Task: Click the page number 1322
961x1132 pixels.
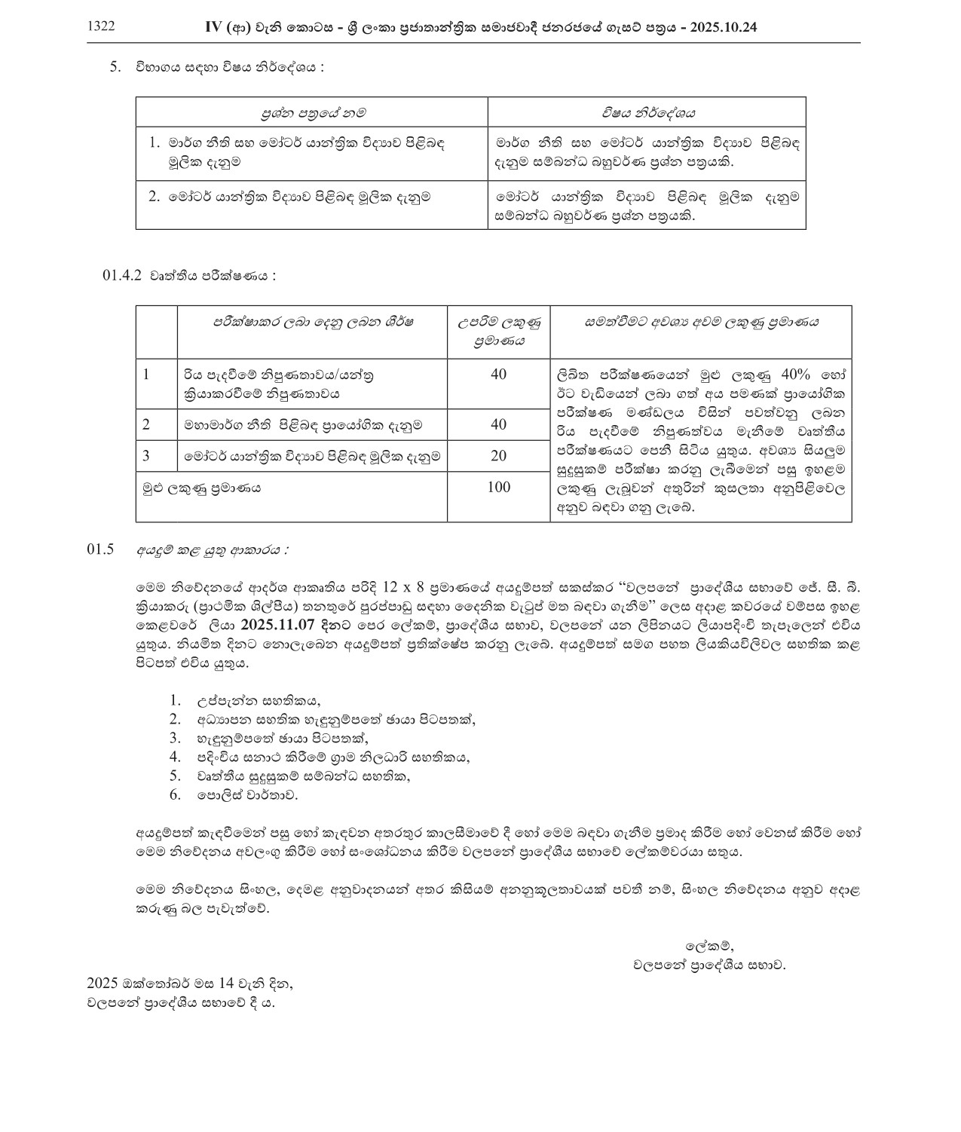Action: (101, 26)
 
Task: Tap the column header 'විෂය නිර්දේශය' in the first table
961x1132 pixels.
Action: (647, 113)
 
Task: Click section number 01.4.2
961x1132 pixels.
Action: (122, 276)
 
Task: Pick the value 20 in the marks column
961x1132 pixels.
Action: (498, 456)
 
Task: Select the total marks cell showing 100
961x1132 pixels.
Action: (498, 487)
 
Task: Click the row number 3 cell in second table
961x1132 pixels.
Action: (146, 455)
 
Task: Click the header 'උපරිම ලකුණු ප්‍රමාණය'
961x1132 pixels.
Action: (499, 332)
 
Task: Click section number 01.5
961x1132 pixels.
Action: (100, 549)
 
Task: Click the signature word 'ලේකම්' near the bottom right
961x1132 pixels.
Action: (709, 946)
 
